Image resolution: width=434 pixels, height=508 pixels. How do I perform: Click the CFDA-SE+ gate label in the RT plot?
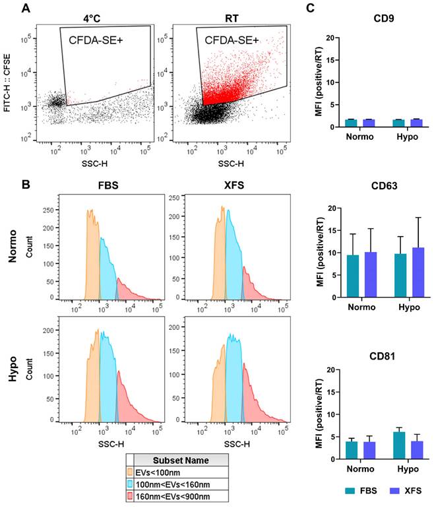231,40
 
